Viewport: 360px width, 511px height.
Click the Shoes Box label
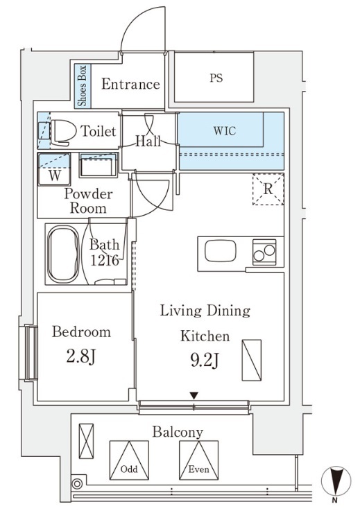[83, 86]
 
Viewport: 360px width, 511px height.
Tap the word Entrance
[130, 84]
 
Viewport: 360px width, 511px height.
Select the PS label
[216, 78]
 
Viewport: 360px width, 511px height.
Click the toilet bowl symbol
[62, 132]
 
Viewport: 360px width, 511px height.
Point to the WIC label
[225, 131]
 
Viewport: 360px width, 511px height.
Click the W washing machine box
[55, 169]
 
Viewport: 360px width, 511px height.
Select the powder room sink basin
[98, 165]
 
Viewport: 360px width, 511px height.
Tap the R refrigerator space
[268, 189]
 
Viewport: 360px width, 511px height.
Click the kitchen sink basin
[221, 250]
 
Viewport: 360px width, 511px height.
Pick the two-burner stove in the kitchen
[264, 252]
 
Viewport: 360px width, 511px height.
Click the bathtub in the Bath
[63, 254]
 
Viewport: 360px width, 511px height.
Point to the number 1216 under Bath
[104, 261]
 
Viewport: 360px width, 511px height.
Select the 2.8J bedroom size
[81, 356]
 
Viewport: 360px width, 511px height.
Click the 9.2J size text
[205, 361]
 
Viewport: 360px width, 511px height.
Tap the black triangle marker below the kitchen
[194, 396]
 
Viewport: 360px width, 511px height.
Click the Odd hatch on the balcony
[129, 460]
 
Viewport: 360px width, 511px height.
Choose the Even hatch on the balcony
[198, 460]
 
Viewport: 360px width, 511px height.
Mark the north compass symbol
[336, 481]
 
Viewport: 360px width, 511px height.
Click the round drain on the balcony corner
[77, 484]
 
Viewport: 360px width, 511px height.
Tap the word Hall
[148, 141]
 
